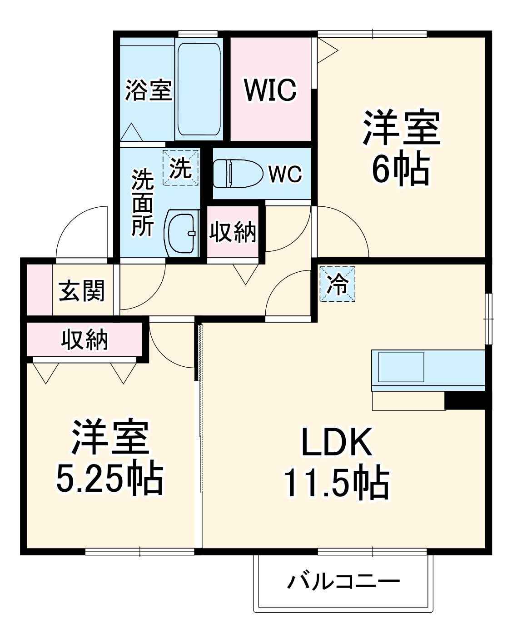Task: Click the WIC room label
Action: pyautogui.click(x=270, y=90)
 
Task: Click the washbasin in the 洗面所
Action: pyautogui.click(x=183, y=233)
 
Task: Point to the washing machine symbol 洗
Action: pyautogui.click(x=181, y=169)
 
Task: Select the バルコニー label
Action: pyautogui.click(x=343, y=581)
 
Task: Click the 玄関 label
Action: pyautogui.click(x=82, y=290)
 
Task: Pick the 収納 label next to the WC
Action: pyautogui.click(x=233, y=232)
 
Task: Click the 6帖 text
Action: pyautogui.click(x=400, y=169)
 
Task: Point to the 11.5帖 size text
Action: pyautogui.click(x=337, y=483)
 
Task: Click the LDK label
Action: pyautogui.click(x=337, y=442)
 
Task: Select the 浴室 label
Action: pyautogui.click(x=148, y=90)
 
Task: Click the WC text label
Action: pyautogui.click(x=285, y=174)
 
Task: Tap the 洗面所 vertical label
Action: pyautogui.click(x=142, y=203)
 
